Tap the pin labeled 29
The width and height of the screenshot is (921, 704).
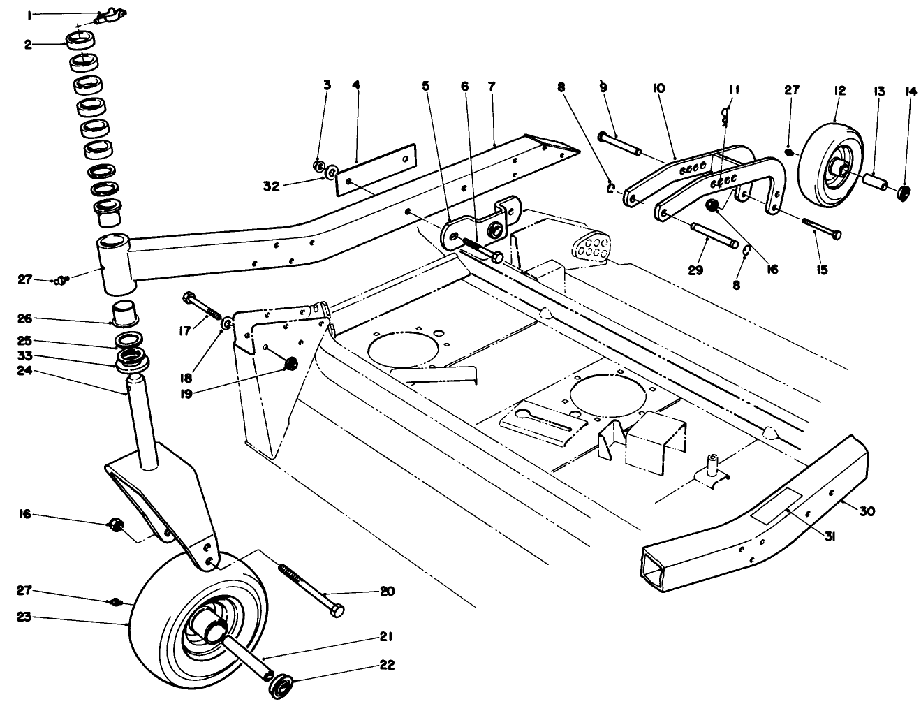click(712, 235)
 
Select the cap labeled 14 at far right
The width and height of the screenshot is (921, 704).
click(904, 191)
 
